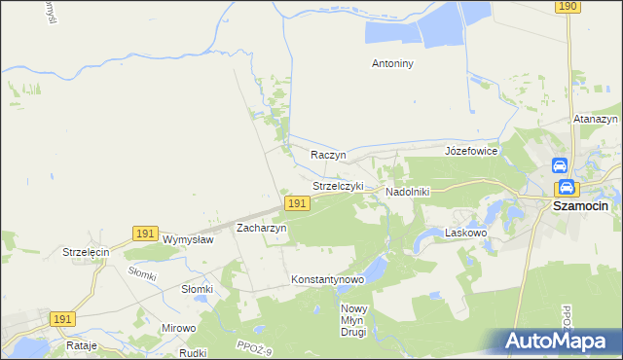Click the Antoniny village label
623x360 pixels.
pos(393,64)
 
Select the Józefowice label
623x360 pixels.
pos(471,151)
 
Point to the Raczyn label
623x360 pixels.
pos(329,155)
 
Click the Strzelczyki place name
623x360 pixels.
pos(338,185)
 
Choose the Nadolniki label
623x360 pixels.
pos(408,192)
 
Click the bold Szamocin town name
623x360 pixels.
pos(580,206)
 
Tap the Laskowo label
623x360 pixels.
pos(465,233)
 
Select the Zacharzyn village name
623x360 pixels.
pos(262,228)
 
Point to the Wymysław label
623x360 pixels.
pos(188,239)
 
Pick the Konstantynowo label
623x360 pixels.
pos(327,279)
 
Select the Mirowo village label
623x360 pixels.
pos(179,328)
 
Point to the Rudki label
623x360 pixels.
pos(193,352)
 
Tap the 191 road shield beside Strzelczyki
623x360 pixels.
pos(298,202)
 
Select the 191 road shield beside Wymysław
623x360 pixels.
pos(145,234)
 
